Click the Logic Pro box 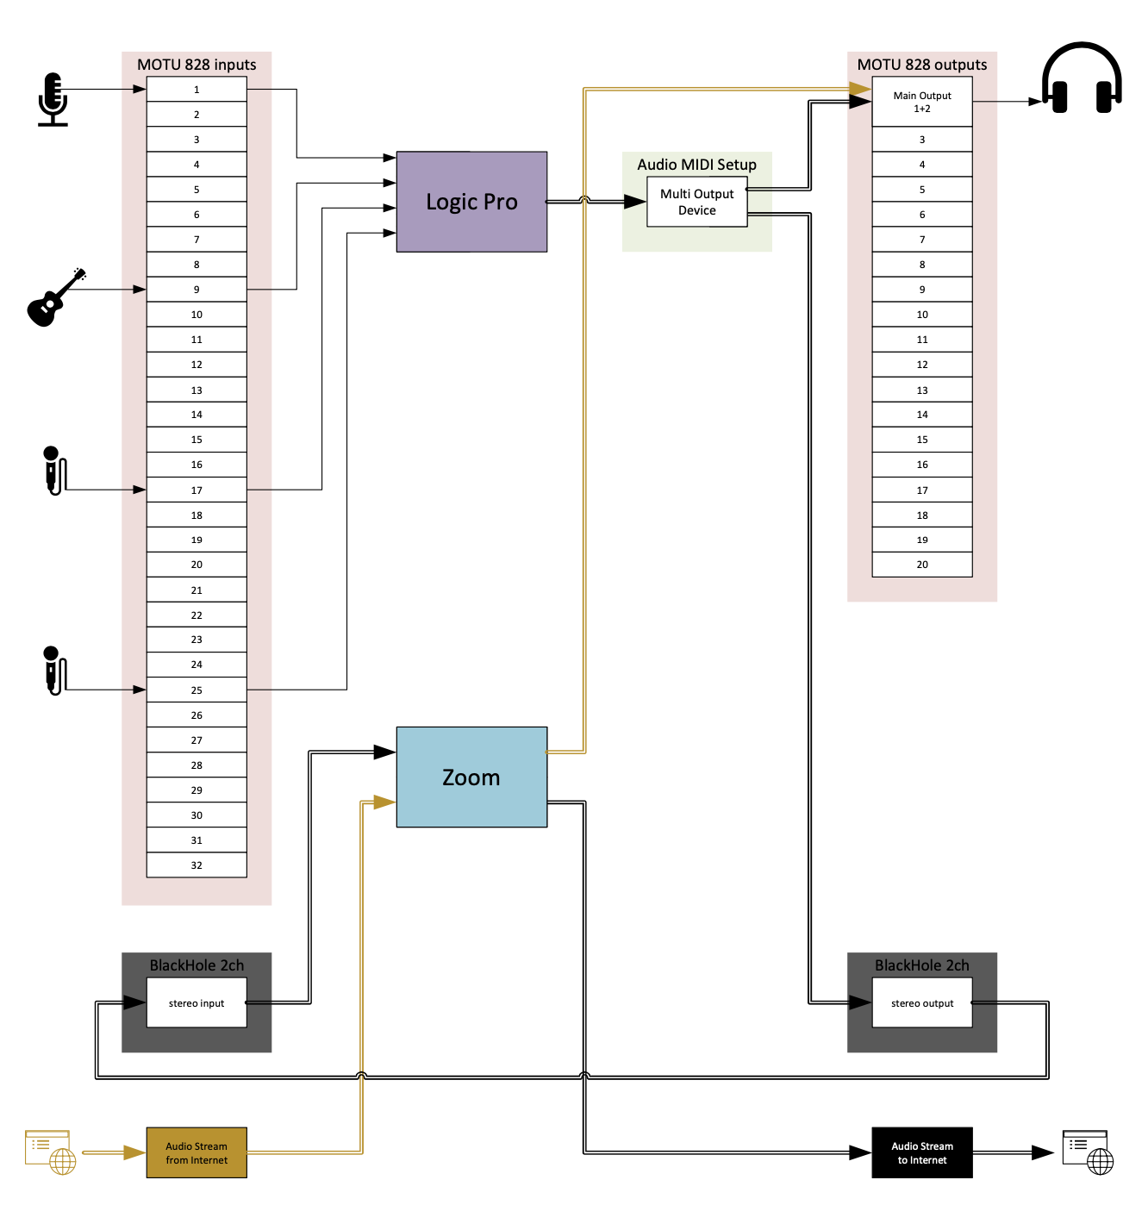tap(471, 202)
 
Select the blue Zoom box tap(471, 777)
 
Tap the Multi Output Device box tap(696, 202)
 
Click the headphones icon tap(1082, 79)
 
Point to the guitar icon tap(54, 299)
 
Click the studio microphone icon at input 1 tap(53, 99)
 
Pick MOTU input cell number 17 tap(197, 490)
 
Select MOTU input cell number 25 tap(197, 690)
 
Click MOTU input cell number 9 tap(197, 290)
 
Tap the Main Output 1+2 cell tap(922, 102)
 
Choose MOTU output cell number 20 tap(922, 565)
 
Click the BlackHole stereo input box tap(197, 1002)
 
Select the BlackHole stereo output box tap(922, 1002)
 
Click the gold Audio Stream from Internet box tap(197, 1152)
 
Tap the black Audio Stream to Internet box tap(922, 1152)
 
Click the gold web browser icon tap(51, 1152)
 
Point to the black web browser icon tap(1089, 1152)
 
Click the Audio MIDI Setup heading tap(696, 165)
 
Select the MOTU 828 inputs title tap(197, 65)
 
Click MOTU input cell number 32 tap(197, 865)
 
